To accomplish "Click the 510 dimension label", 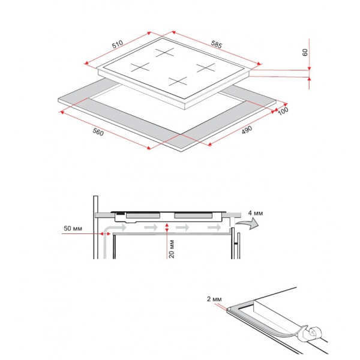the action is point(118,44).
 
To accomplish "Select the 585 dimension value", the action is point(217,44).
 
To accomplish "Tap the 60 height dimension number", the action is point(305,52).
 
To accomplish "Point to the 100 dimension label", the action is point(283,111).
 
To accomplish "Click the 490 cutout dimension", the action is point(247,130).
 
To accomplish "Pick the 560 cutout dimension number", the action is point(98,132).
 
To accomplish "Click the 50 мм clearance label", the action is point(73,229).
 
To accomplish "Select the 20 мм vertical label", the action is point(172,249).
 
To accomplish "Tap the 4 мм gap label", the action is point(256,213).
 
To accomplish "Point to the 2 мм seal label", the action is point(214,299).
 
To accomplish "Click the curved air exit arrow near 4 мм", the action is point(248,223).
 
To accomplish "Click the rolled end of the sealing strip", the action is point(313,332).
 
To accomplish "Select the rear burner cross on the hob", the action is point(164,52).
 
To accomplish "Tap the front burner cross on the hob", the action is point(178,81).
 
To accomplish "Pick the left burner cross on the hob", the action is point(140,67).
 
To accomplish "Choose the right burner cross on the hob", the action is point(206,67).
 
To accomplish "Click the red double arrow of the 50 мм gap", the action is point(105,234).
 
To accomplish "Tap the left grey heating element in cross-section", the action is point(143,215).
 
